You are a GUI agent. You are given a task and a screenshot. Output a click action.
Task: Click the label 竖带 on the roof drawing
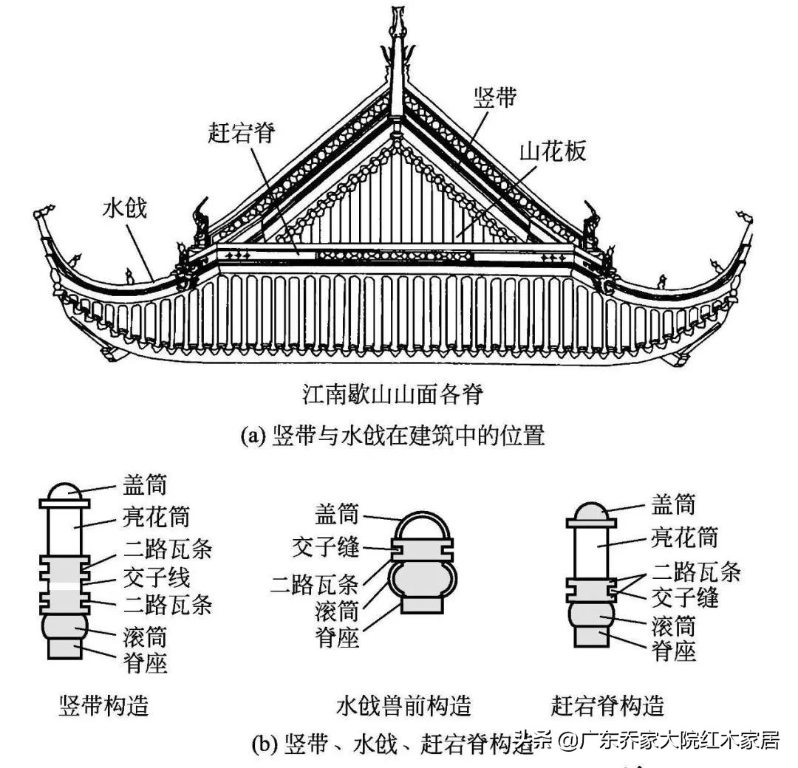tap(495, 99)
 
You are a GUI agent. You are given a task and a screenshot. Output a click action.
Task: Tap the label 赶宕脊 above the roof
tap(241, 134)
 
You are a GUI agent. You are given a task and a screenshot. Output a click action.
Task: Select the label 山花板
tap(553, 151)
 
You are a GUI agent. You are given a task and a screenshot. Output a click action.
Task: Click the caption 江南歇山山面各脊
tap(392, 397)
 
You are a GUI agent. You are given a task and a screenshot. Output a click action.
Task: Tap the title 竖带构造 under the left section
tap(103, 705)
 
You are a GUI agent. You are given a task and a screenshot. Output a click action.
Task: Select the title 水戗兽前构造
tap(403, 705)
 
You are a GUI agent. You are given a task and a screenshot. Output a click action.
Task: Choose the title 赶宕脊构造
tap(607, 705)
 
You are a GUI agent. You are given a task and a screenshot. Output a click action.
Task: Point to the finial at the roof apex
tap(399, 22)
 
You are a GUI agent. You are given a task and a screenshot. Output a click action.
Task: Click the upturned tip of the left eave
tap(43, 214)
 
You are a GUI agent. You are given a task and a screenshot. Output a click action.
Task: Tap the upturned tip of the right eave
tap(745, 216)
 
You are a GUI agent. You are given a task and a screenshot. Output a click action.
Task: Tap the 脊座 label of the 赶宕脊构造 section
tap(674, 651)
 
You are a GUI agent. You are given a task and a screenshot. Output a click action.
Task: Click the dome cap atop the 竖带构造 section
tap(64, 492)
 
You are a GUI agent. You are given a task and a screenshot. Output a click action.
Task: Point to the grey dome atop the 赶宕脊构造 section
tap(590, 510)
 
